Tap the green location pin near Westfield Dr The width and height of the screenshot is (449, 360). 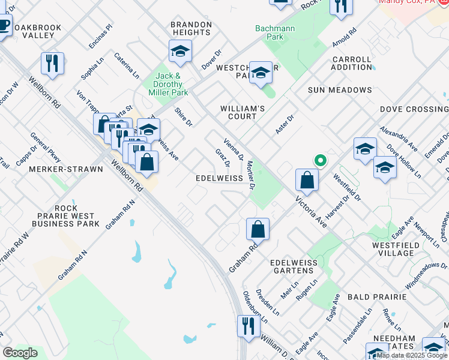(321, 160)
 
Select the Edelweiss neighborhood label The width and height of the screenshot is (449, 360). (219, 178)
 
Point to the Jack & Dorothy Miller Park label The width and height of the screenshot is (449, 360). (169, 84)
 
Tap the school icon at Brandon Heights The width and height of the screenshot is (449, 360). (179, 52)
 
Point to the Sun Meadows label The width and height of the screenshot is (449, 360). (340, 90)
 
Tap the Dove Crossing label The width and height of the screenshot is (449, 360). (414, 109)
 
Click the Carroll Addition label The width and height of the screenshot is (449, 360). (352, 63)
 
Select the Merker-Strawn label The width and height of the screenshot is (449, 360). (66, 169)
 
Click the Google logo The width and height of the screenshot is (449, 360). (20, 353)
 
